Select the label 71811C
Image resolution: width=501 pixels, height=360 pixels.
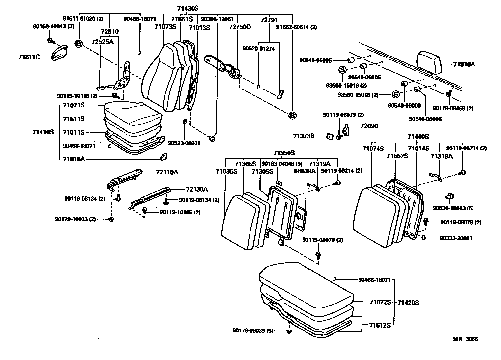(x=29, y=57)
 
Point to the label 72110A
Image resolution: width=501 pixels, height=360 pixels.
(x=167, y=172)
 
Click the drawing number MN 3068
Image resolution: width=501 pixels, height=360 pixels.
(x=466, y=339)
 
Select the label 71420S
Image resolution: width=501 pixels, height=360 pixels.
(x=408, y=303)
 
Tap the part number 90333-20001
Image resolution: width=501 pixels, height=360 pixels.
(x=456, y=238)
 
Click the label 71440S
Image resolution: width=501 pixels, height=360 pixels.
(x=418, y=137)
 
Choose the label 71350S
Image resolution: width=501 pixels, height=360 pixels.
(x=284, y=153)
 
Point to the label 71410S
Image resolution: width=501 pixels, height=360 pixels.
(x=43, y=132)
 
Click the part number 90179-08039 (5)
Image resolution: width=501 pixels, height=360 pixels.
(x=253, y=330)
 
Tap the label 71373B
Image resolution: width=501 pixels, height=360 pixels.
(x=304, y=136)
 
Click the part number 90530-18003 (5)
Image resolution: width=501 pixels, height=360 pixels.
(x=453, y=208)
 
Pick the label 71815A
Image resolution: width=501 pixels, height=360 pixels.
(x=74, y=159)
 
